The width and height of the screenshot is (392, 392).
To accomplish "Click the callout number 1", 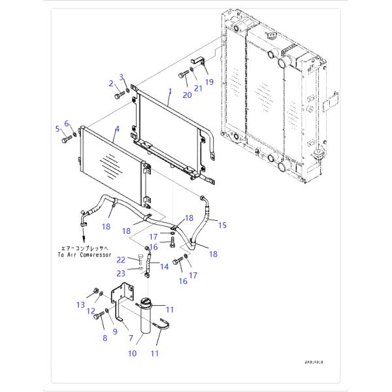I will (169, 92).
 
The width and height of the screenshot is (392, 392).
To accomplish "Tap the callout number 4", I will (116, 129).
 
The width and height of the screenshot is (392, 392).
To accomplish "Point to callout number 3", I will (121, 78).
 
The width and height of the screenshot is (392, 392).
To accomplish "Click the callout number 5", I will (57, 127).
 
